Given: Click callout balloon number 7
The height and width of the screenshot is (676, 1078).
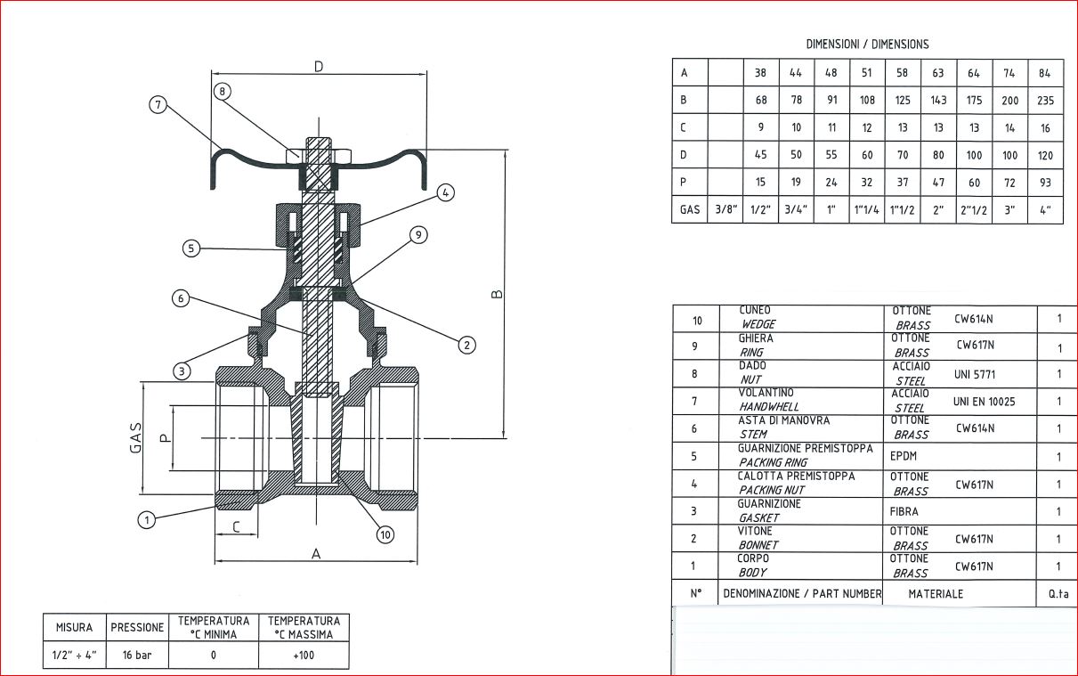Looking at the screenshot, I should [x=158, y=105].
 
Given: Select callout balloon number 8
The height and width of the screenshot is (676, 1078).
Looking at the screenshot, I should [x=223, y=91].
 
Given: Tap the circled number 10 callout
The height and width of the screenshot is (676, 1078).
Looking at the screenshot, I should [x=385, y=534].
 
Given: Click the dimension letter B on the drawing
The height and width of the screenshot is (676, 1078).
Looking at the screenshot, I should [x=498, y=293].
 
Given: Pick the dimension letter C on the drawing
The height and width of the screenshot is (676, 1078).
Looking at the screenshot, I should [x=236, y=527].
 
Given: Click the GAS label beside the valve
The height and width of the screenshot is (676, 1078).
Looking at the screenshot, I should [x=136, y=437].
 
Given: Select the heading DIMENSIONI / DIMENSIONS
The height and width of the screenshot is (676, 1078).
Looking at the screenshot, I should [x=867, y=44].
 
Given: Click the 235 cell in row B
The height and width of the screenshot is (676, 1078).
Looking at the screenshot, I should [x=1045, y=101].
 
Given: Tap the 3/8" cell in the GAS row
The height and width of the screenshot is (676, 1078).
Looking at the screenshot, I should [x=726, y=211].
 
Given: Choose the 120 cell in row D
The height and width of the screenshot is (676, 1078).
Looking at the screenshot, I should [x=1045, y=156].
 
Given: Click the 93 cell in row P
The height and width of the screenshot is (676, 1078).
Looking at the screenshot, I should [x=1045, y=183].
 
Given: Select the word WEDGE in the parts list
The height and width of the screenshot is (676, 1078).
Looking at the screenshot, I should [x=758, y=325].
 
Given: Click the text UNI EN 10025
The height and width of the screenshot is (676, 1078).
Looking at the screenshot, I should [x=984, y=402].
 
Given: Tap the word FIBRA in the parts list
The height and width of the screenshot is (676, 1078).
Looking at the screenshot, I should [x=904, y=511].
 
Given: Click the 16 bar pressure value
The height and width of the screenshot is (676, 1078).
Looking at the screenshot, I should [x=137, y=655].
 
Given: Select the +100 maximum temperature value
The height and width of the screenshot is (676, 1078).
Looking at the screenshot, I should [x=304, y=655].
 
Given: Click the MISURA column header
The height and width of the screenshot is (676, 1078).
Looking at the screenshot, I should [x=75, y=627].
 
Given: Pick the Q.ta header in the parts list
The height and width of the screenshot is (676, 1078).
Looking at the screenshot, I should [x=1058, y=594].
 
